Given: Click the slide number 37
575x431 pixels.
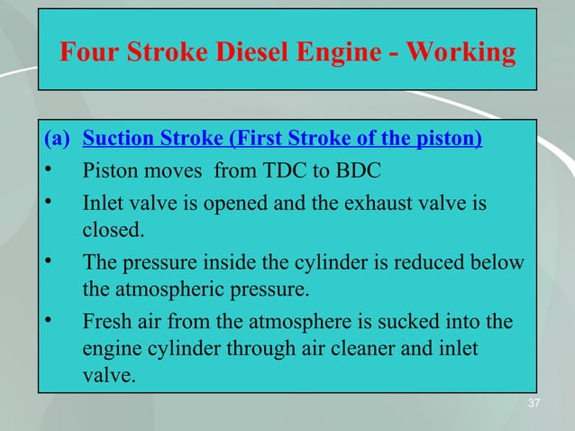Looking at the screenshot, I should (x=534, y=402).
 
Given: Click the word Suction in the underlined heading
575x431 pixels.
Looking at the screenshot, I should (x=116, y=140).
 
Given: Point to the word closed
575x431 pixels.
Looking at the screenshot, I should (x=112, y=230).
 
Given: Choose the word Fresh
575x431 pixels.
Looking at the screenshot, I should (x=106, y=321).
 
